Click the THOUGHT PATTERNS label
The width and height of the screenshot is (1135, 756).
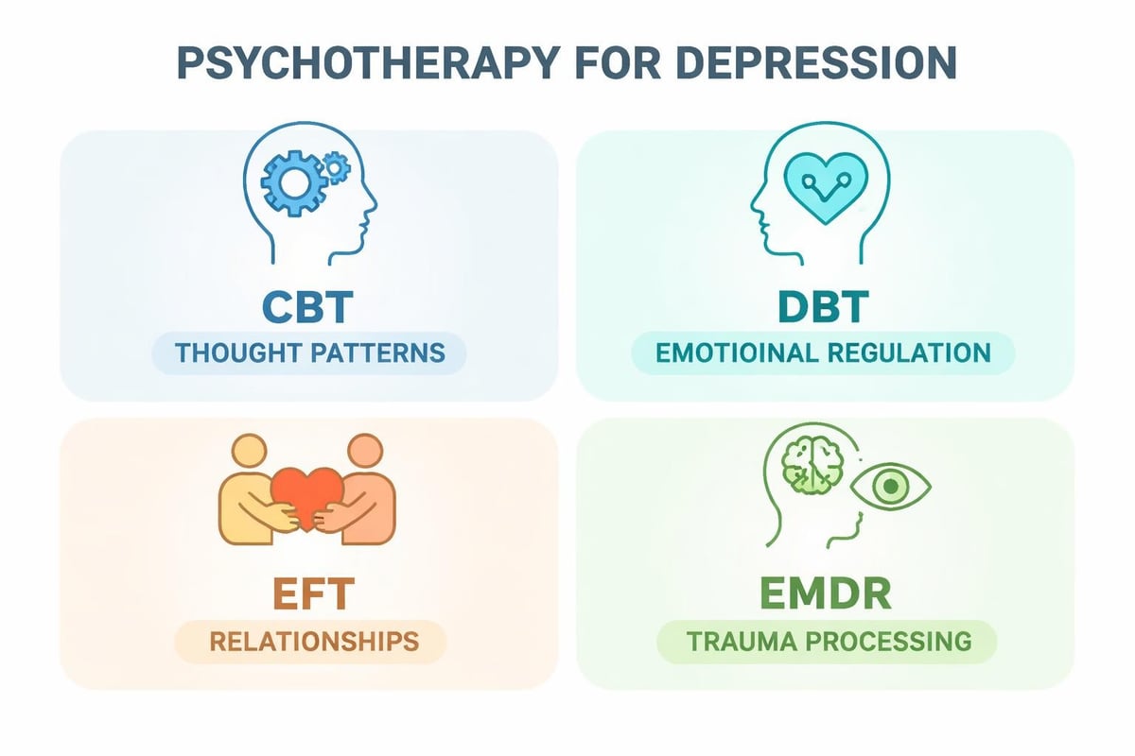[x=309, y=353]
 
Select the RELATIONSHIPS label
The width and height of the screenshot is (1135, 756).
[x=313, y=642]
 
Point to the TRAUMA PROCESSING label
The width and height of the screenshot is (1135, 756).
[x=829, y=642]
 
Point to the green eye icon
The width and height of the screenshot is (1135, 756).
[x=889, y=490]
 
